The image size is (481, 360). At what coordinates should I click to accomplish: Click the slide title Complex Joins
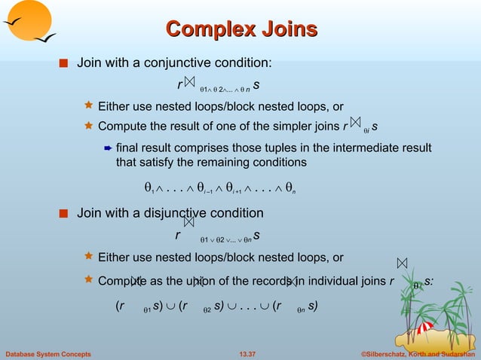[x=240, y=29]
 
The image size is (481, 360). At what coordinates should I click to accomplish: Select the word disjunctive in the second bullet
[x=178, y=213]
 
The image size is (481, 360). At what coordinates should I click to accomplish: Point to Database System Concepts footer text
[x=48, y=353]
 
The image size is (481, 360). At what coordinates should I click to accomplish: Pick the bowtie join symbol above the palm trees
[x=402, y=263]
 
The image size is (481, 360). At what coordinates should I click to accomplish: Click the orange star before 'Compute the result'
[x=88, y=125]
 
